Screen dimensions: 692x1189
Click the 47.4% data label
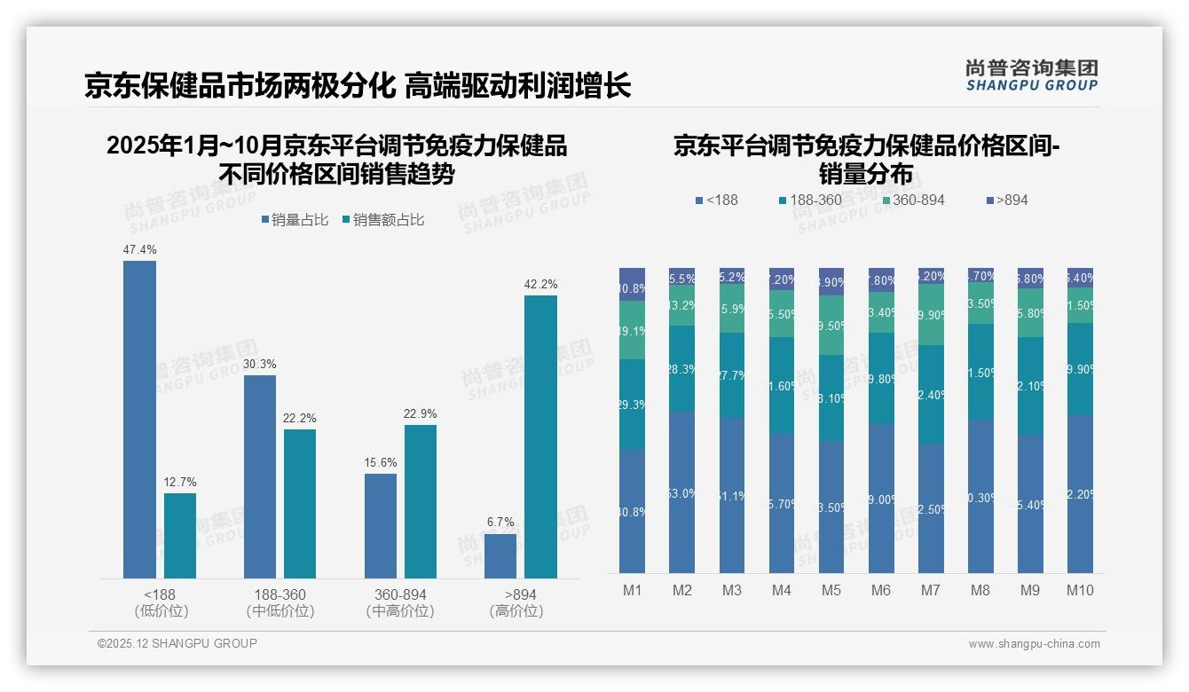tap(139, 250)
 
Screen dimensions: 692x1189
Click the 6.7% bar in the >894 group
tap(500, 556)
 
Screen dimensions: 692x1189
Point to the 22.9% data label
tap(420, 414)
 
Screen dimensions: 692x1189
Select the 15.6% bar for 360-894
tap(380, 526)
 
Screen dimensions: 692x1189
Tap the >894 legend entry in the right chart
tap(1006, 201)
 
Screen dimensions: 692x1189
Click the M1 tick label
tap(632, 590)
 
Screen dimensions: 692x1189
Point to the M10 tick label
tap(1080, 590)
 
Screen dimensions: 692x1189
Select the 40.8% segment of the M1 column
tap(632, 510)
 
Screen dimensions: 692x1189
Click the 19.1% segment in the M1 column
tap(632, 330)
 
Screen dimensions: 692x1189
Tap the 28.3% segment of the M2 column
tap(681, 368)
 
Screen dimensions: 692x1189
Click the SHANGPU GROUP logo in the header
tap(1031, 75)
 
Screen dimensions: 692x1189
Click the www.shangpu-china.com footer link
tap(1034, 644)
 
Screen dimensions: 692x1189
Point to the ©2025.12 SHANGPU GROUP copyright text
tap(177, 643)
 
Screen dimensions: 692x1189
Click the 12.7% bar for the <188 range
tap(180, 536)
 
